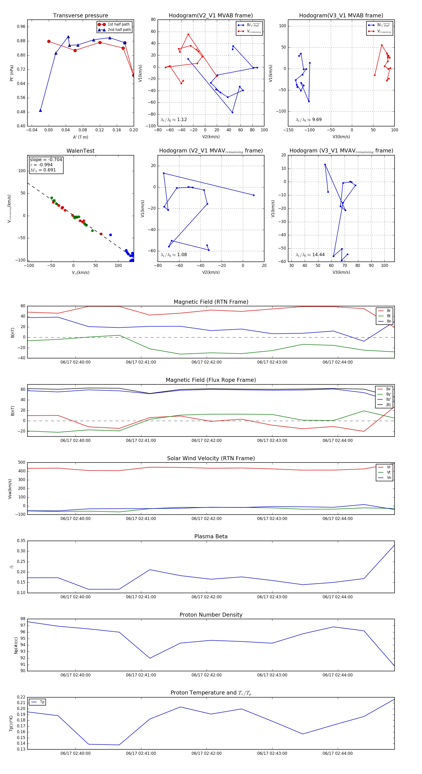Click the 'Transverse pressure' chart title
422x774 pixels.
coord(80,16)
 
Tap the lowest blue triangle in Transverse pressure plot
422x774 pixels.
coord(41,110)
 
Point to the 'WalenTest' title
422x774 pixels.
coord(80,151)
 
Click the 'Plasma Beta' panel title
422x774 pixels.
coord(211,537)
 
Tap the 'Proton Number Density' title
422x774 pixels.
coord(211,615)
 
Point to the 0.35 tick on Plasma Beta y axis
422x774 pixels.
coord(21,541)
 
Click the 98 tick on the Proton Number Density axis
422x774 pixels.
coord(23,619)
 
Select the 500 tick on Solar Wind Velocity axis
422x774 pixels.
coord(22,463)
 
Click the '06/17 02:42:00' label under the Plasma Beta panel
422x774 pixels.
coord(206,597)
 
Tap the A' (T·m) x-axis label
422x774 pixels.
coord(80,137)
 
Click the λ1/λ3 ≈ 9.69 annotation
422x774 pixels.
coord(309,120)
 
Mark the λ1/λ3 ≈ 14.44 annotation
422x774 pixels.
coord(310,255)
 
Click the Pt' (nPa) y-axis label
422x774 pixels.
coord(12,73)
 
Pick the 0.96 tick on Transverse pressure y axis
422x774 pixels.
coord(21,27)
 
